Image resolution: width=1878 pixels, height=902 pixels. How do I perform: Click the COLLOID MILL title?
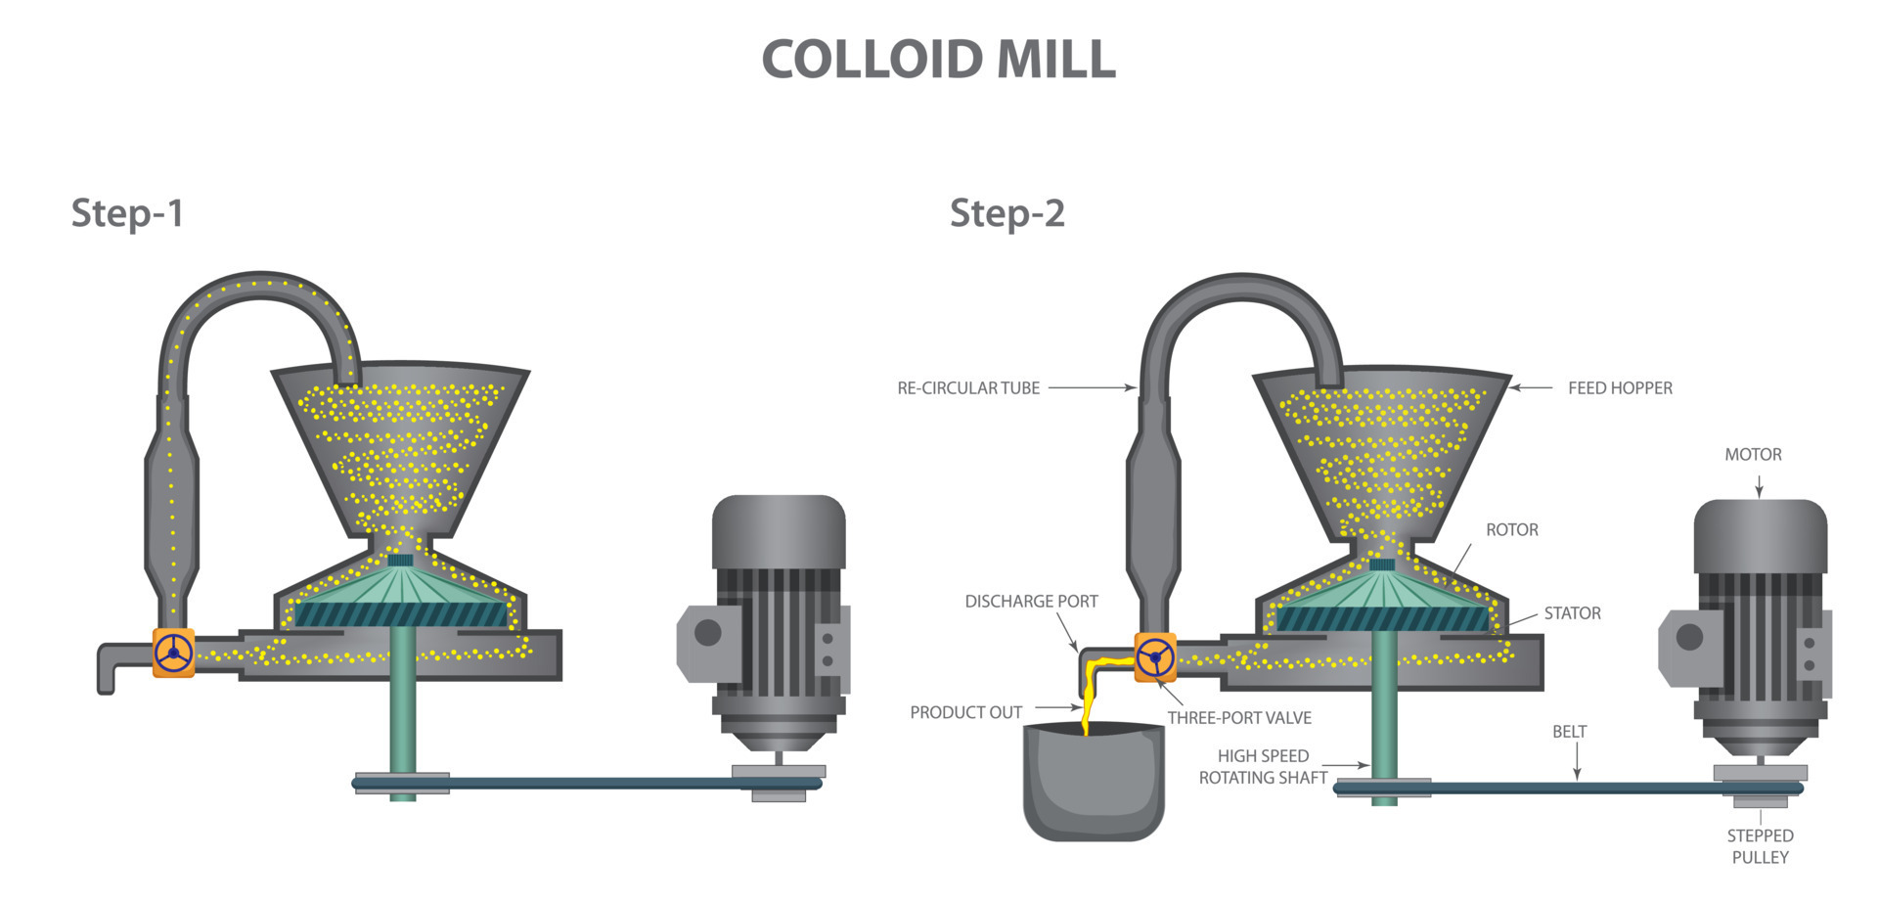[x=938, y=60]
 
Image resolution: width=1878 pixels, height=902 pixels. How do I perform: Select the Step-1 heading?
[x=127, y=213]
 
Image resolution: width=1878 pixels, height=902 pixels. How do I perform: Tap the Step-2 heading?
[x=1006, y=213]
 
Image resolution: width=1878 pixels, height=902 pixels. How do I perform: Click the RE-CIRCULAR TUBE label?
[x=968, y=388]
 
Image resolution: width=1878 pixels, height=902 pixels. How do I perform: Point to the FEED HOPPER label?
[x=1620, y=388]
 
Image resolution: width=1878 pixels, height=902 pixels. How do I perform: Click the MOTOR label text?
[x=1753, y=455]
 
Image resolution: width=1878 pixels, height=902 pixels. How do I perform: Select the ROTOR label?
[x=1511, y=530]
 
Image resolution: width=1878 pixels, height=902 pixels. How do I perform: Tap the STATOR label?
[x=1572, y=613]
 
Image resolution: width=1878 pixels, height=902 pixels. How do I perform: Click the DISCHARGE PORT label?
[x=1031, y=602]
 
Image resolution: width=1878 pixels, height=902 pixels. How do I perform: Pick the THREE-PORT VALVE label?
[x=1239, y=718]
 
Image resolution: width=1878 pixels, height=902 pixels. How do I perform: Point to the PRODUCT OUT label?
[x=965, y=713]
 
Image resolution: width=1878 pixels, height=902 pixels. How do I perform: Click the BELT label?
[x=1569, y=732]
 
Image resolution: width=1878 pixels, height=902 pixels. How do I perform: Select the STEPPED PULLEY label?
[x=1760, y=846]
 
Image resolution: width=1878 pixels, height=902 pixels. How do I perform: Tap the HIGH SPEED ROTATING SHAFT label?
[x=1263, y=767]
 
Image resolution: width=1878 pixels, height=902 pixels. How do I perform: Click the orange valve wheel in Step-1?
[x=174, y=653]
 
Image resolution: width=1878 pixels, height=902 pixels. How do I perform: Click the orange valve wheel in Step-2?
[x=1155, y=657]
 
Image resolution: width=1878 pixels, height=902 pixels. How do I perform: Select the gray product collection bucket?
[x=1094, y=788]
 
